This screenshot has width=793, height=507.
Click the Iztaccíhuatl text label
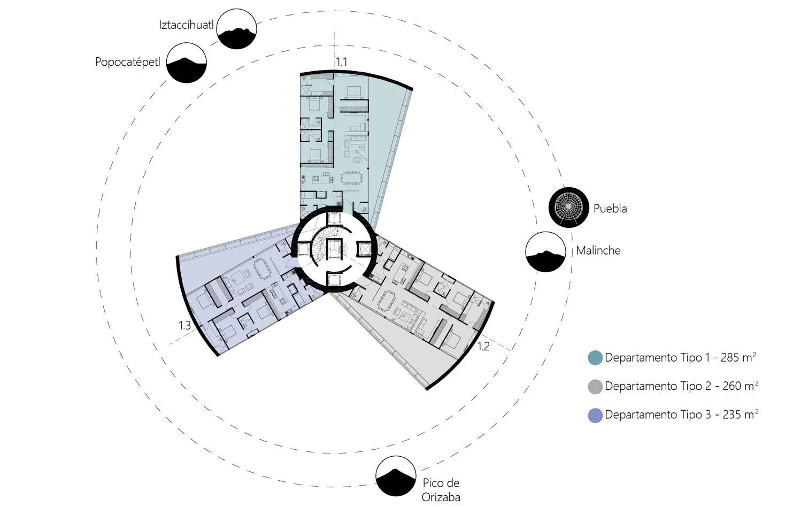pos(186,25)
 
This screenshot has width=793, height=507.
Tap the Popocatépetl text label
pos(127,62)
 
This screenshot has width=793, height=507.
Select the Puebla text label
pos(610,209)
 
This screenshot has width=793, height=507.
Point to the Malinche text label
pos(598,250)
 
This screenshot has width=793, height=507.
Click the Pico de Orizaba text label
pos(441,490)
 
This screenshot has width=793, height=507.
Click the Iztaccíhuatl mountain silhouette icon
pos(236,29)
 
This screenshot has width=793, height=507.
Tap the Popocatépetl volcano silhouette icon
pos(186,63)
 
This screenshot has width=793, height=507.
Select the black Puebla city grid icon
pos(568,207)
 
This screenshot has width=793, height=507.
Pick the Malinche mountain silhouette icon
pos(545,252)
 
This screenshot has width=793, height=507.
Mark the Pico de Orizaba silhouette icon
pos(396,476)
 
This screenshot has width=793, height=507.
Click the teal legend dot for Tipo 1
pos(595,358)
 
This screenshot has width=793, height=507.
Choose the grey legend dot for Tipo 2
pos(595,387)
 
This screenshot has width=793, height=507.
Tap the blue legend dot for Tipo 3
pos(595,415)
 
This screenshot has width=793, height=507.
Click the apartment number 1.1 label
pos(342,62)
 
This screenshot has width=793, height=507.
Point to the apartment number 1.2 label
pos(483,347)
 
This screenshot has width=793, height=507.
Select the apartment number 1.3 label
pos(184,325)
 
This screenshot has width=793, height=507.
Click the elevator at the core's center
pos(334,249)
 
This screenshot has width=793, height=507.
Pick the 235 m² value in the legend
pos(740,414)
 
